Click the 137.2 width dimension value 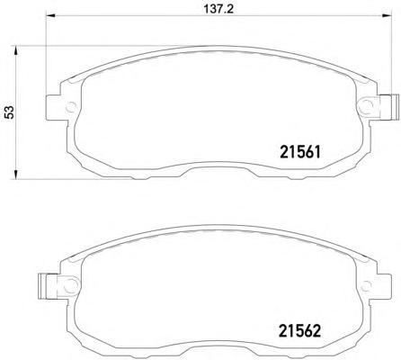tap(218, 9)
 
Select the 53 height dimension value tap(10, 112)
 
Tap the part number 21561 tap(300, 152)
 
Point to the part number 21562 tap(300, 331)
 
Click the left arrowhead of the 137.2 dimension tap(50, 16)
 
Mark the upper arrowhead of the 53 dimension tap(16, 50)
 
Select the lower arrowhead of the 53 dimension tap(16, 175)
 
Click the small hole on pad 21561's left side tap(71, 107)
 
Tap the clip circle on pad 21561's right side tap(367, 106)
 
